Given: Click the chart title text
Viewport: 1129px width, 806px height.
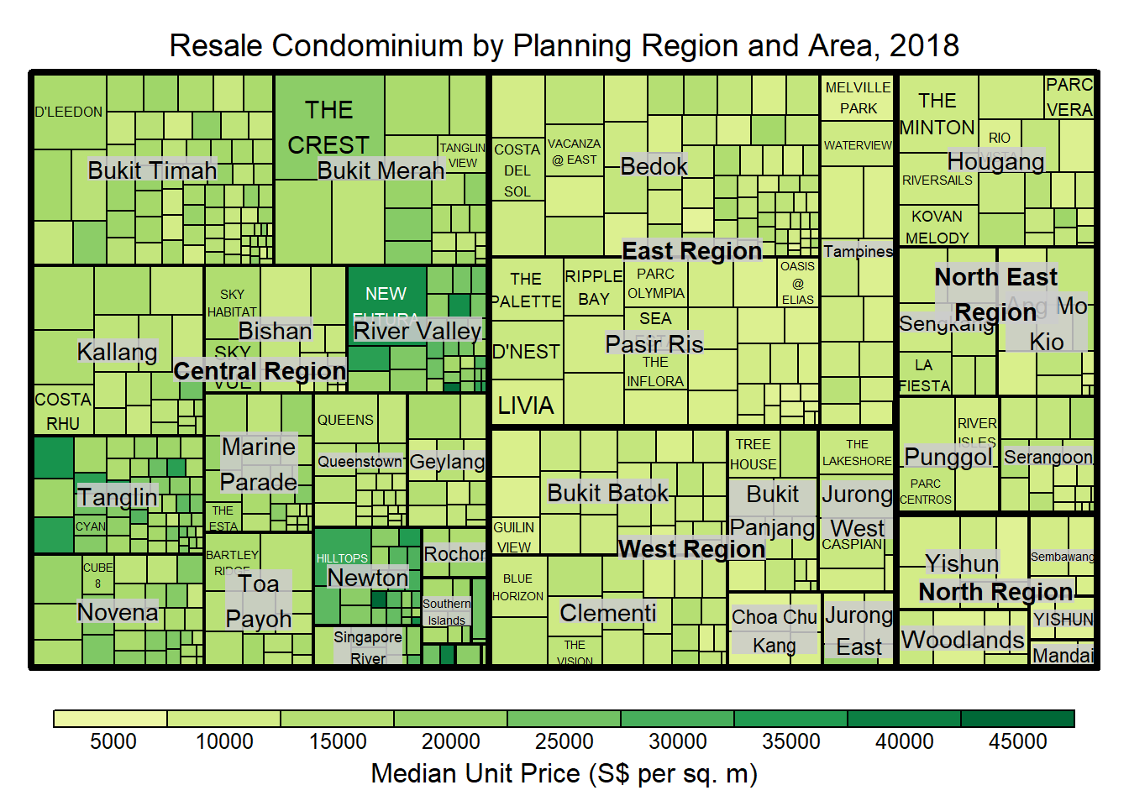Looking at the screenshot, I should [x=564, y=45].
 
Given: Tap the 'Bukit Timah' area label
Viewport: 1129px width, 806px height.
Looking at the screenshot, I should [x=152, y=170].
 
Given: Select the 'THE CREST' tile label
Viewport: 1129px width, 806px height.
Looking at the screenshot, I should [x=328, y=128].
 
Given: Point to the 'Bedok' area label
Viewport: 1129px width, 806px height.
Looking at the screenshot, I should [x=654, y=166].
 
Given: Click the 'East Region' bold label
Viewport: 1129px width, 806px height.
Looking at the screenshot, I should [x=691, y=251].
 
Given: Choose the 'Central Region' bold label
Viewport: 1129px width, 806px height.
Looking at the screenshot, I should [x=260, y=371].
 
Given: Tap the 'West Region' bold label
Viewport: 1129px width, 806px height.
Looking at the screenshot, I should [x=691, y=549].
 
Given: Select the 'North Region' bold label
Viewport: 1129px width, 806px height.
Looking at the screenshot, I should [x=995, y=592].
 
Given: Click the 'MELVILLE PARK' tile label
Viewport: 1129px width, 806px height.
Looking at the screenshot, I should [x=858, y=98].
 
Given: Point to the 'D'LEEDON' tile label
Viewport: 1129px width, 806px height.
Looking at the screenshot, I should [x=69, y=112].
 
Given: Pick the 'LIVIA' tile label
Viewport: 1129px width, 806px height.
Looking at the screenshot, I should [x=526, y=406].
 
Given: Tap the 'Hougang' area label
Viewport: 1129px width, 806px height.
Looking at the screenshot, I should [x=995, y=161].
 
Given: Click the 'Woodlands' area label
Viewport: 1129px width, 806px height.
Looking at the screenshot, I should [x=962, y=640].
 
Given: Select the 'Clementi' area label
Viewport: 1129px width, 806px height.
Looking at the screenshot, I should [x=607, y=613].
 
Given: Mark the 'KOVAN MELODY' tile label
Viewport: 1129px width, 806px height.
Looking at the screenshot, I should [x=937, y=228].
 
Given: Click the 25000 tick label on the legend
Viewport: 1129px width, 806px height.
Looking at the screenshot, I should [x=564, y=741].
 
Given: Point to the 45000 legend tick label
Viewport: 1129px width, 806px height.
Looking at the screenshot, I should [x=1017, y=741].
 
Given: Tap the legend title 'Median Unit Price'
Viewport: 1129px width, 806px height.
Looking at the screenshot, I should [x=564, y=773].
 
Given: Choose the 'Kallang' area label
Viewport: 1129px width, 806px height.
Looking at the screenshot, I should [x=117, y=352].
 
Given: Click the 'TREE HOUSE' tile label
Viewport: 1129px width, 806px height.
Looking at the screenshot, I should [x=753, y=454].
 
